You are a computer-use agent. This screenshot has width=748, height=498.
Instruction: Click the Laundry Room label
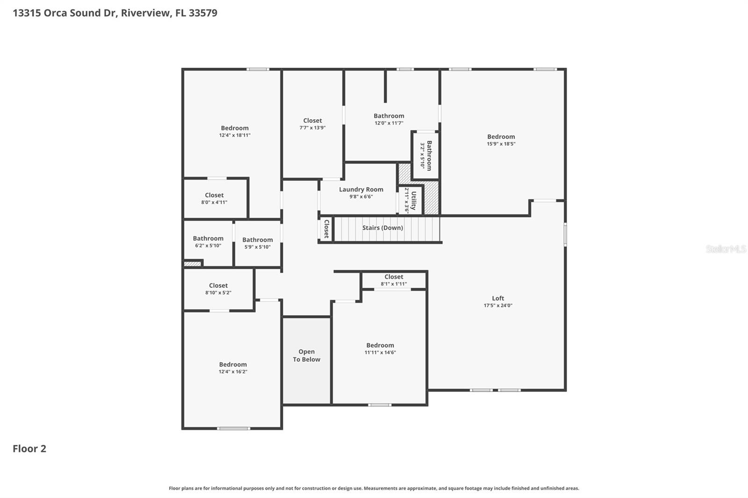click(361, 189)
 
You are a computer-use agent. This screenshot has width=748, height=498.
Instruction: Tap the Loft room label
click(498, 298)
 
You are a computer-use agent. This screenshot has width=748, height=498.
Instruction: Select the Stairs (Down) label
click(382, 228)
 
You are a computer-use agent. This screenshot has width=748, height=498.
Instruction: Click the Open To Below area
click(306, 356)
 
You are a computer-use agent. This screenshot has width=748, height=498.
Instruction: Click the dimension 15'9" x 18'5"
click(501, 144)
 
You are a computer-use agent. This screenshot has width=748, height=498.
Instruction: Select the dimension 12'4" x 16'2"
click(233, 372)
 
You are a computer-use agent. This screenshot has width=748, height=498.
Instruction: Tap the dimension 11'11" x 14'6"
click(380, 353)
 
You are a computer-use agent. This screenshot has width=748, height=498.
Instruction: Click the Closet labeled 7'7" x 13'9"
click(312, 121)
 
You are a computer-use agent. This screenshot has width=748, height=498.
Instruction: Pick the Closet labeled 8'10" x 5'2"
click(218, 285)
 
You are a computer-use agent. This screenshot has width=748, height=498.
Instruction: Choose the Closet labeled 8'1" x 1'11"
click(394, 277)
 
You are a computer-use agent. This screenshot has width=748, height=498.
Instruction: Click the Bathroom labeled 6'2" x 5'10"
click(208, 238)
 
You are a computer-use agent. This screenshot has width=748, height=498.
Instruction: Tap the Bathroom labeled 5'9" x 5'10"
click(257, 240)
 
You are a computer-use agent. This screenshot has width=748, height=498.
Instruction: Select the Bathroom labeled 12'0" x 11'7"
click(388, 116)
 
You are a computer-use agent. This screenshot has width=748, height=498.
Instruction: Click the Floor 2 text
click(29, 448)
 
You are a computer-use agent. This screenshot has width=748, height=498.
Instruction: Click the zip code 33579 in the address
click(203, 13)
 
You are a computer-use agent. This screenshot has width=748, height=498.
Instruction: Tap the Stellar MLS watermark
click(726, 249)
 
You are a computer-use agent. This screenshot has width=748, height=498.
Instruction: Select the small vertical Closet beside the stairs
click(326, 229)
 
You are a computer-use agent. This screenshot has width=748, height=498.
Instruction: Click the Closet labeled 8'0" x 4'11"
click(214, 195)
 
